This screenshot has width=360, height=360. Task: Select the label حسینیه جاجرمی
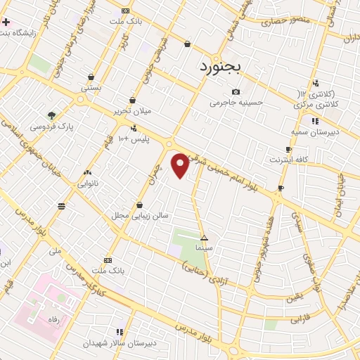[x=236, y=103]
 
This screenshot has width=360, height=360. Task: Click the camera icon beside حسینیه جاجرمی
[x=236, y=92]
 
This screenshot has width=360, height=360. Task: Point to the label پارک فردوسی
[x=51, y=127]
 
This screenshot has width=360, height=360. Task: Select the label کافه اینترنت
[x=289, y=160]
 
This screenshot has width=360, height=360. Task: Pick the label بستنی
[x=91, y=88]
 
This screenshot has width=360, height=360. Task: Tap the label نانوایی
[x=88, y=183]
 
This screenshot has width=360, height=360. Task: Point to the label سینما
[x=204, y=248]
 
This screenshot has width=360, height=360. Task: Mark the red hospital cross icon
[x=6, y=22]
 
